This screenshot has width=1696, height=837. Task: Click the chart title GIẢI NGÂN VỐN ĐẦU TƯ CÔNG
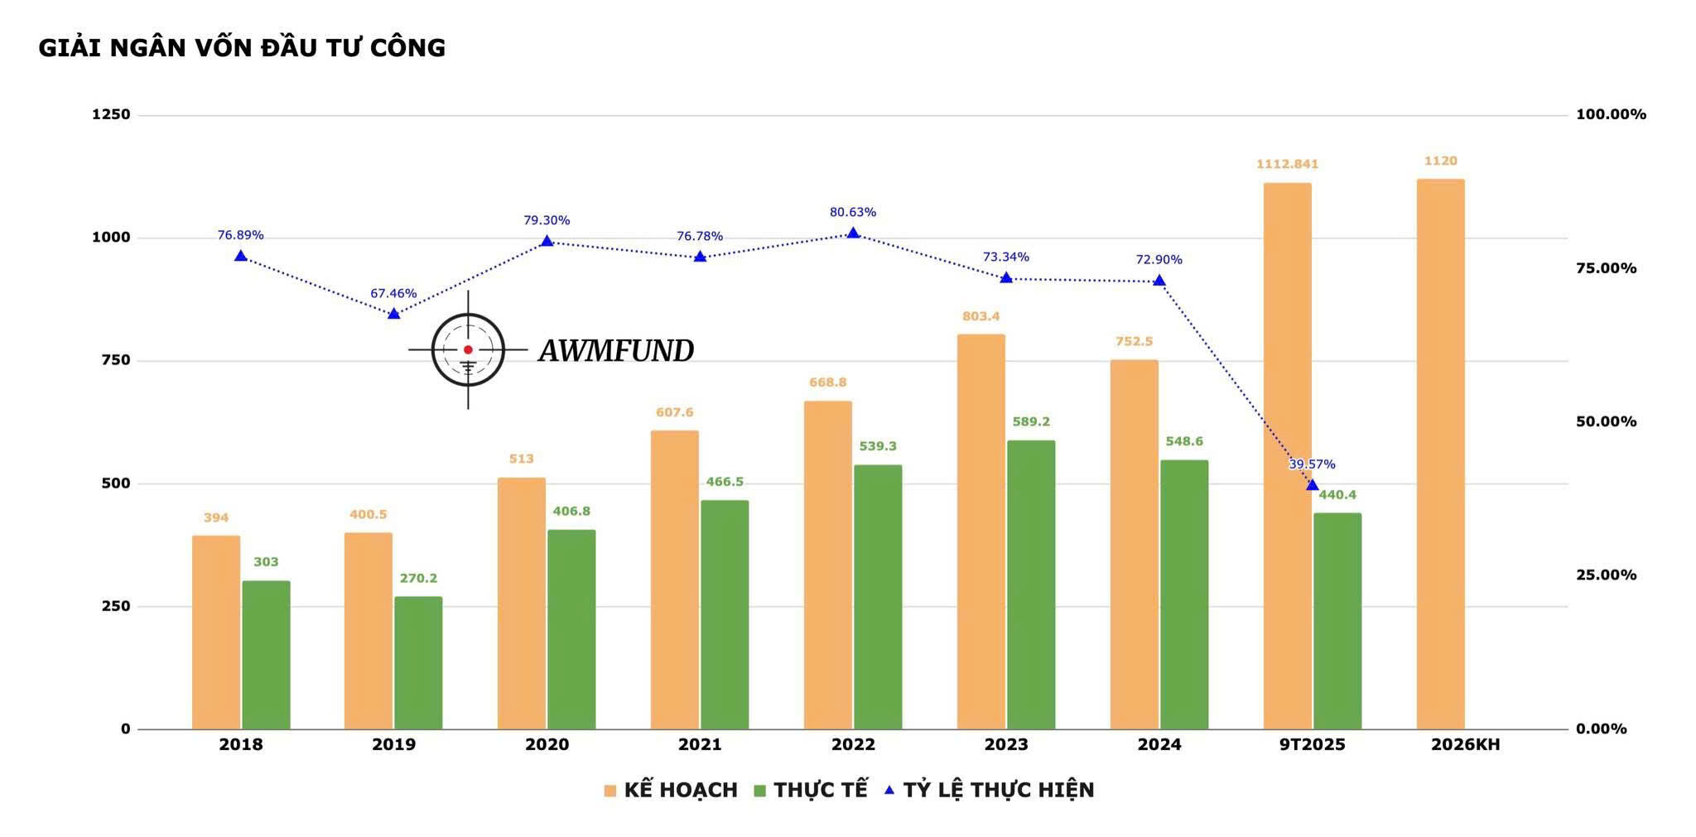click(242, 48)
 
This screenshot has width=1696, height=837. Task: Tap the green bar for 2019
click(418, 662)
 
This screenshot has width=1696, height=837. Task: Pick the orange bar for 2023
click(980, 532)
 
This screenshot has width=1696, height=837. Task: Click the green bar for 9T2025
click(1337, 621)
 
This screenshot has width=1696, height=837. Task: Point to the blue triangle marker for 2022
click(853, 233)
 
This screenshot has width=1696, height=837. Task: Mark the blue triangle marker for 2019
click(393, 313)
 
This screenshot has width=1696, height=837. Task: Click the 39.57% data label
click(1312, 464)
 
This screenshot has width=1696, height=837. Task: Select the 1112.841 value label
click(1287, 164)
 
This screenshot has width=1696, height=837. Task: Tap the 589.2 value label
click(1031, 421)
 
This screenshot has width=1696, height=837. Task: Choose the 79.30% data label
click(547, 220)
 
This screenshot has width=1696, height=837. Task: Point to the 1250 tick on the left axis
click(111, 114)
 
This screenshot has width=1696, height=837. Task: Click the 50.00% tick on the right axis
click(1606, 421)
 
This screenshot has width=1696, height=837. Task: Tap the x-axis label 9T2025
click(1312, 744)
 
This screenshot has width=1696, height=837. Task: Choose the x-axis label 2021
click(700, 744)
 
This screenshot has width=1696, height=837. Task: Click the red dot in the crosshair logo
click(468, 350)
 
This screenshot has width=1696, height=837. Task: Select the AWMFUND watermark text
click(616, 351)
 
